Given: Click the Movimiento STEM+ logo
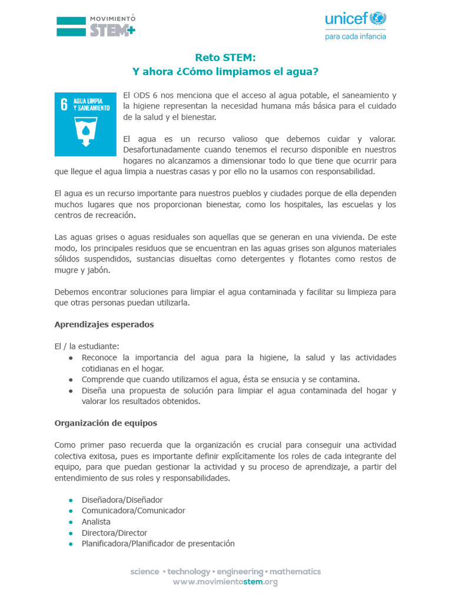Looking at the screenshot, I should pyautogui.click(x=95, y=26).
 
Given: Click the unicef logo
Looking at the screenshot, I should pyautogui.click(x=355, y=19).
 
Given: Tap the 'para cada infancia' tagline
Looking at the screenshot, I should pyautogui.click(x=355, y=36).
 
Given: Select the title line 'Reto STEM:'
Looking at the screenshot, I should pyautogui.click(x=225, y=57).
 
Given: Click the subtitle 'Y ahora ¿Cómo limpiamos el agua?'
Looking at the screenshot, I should pyautogui.click(x=225, y=72).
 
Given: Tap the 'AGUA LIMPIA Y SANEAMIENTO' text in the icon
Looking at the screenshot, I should pyautogui.click(x=91, y=105).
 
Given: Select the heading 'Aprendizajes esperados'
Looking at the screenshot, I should pyautogui.click(x=104, y=324).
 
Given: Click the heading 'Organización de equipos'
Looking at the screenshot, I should pyautogui.click(x=105, y=423).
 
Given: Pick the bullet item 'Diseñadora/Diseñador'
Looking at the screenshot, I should pyautogui.click(x=122, y=500).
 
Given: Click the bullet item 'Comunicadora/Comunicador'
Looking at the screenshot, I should pyautogui.click(x=133, y=511).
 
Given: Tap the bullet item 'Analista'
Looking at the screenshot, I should pyautogui.click(x=96, y=522).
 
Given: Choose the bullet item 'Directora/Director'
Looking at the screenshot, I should pyautogui.click(x=114, y=533).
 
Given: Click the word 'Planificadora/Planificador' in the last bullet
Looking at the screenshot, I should pyautogui.click(x=120, y=544).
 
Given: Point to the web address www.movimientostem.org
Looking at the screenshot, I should pyautogui.click(x=225, y=582).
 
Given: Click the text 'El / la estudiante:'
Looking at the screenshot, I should pyautogui.click(x=87, y=346).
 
